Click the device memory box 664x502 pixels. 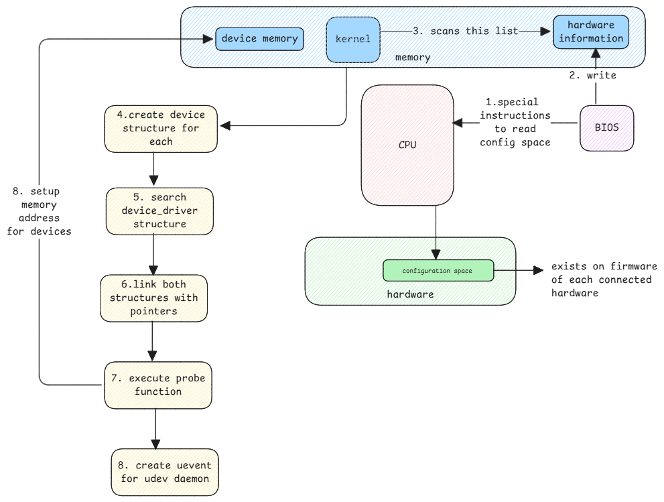coord(259,39)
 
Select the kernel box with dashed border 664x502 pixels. coord(353,40)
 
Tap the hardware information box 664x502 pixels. coord(591,32)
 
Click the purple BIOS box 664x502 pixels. coord(606,127)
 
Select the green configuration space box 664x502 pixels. coord(438,271)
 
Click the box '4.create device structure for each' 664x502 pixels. coord(155,127)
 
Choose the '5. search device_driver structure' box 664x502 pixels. coord(159,211)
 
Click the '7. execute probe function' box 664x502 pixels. coord(157,385)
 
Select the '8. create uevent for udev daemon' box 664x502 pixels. coord(164,472)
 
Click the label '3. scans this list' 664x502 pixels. coord(465,31)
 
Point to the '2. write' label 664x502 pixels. coord(592,75)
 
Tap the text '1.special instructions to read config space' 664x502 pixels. coord(515,122)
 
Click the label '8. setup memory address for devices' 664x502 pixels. coord(39,211)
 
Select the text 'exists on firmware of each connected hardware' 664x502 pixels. coord(604,279)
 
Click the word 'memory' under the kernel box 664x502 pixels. coord(413,58)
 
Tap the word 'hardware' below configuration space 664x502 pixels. coord(410,294)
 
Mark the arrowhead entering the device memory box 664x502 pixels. coord(208,39)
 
